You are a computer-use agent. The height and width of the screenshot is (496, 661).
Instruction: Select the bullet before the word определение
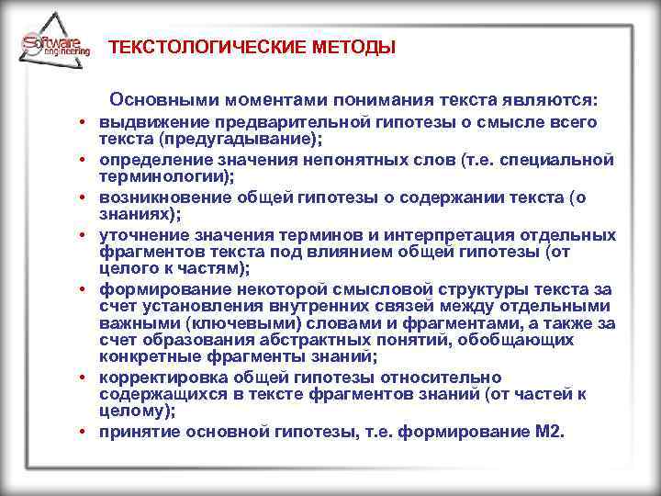point(82,161)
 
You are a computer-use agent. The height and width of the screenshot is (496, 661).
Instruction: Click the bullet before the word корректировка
point(82,378)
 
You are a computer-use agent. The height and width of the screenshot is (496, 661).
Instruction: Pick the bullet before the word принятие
point(82,432)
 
